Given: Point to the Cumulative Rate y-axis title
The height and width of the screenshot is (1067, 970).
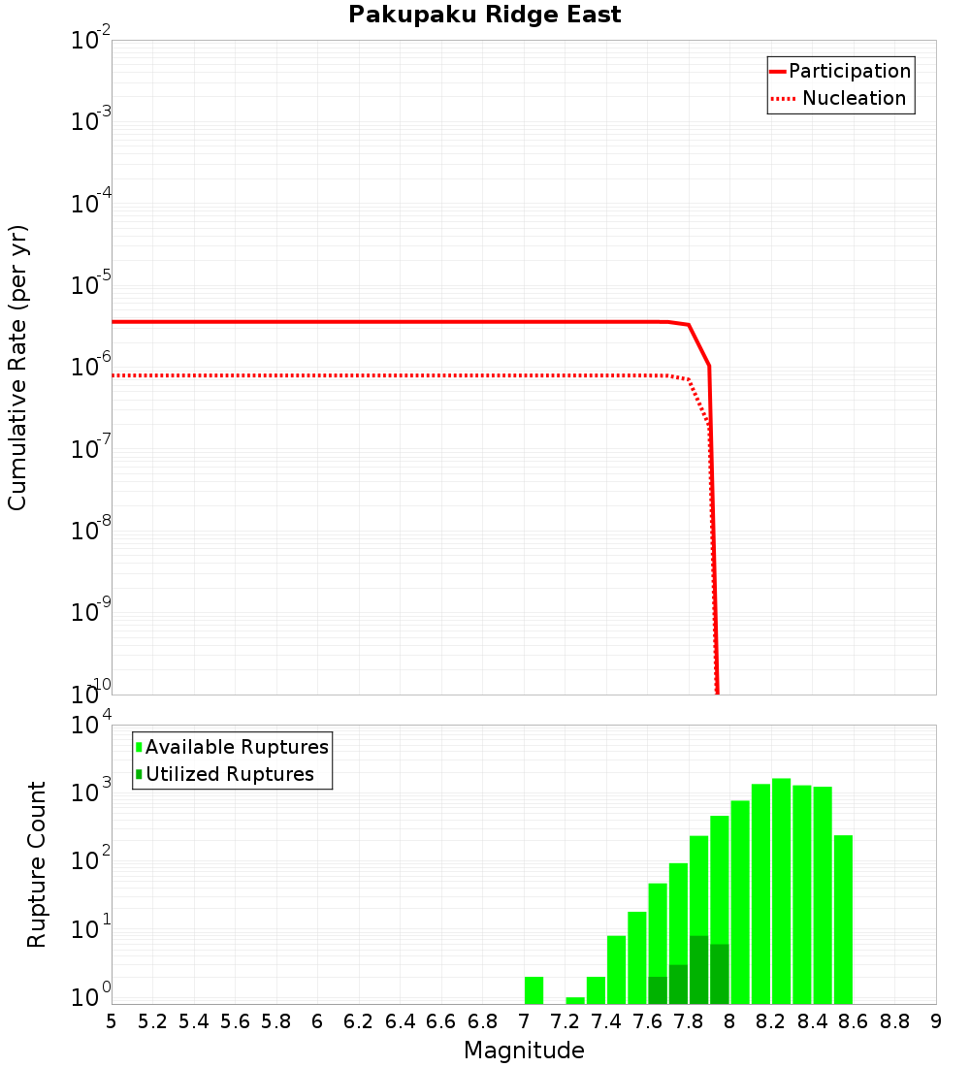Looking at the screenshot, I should pyautogui.click(x=17, y=367).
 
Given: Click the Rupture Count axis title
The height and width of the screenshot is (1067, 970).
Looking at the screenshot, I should pyautogui.click(x=37, y=863).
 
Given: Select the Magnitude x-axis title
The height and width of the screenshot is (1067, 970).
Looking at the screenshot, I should pyautogui.click(x=524, y=1051).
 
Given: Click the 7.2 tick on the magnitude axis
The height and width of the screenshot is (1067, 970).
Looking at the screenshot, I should pyautogui.click(x=565, y=1021).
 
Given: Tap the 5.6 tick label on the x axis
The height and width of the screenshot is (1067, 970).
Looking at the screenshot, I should pyautogui.click(x=235, y=1021).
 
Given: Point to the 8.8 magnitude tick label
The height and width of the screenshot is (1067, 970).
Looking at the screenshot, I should pyautogui.click(x=894, y=1021).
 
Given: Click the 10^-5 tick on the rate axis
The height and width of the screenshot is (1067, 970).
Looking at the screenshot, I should pyautogui.click(x=91, y=285).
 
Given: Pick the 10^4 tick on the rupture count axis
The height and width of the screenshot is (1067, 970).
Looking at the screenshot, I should pyautogui.click(x=91, y=726).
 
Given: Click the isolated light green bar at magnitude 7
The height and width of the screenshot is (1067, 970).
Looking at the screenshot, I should pyautogui.click(x=533, y=990).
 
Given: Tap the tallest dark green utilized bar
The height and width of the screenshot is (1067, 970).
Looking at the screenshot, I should pyautogui.click(x=698, y=969).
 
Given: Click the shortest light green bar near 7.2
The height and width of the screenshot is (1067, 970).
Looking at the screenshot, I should pyautogui.click(x=575, y=1000).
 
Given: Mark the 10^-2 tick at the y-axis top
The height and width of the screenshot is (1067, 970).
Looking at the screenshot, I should pyautogui.click(x=91, y=41).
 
